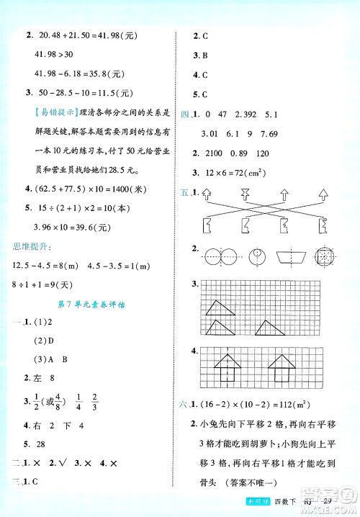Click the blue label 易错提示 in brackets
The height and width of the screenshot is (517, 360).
tap(54, 112)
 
